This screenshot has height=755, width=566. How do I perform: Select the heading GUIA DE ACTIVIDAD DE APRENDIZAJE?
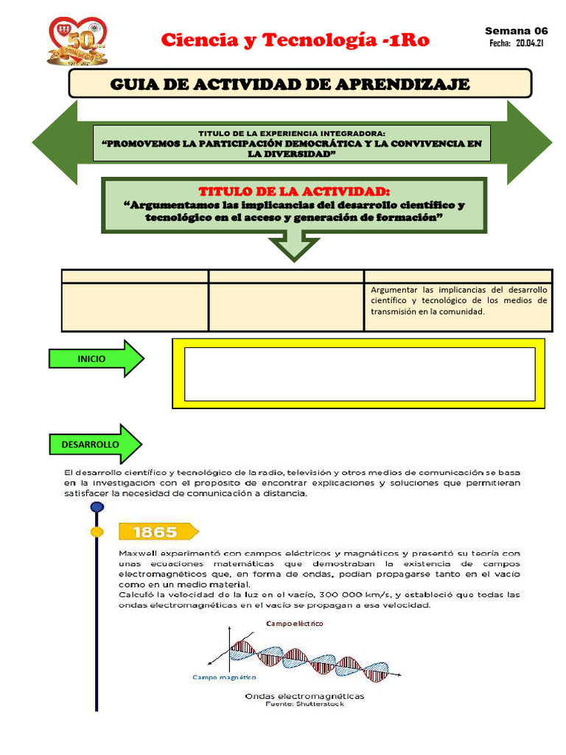click(290, 84)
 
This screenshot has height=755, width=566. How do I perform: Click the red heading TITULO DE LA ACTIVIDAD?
click(294, 192)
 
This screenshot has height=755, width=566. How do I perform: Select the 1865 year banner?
click(156, 532)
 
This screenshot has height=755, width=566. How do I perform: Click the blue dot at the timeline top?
click(97, 507)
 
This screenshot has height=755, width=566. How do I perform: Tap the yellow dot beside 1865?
click(97, 532)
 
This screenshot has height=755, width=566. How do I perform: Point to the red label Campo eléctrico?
click(294, 623)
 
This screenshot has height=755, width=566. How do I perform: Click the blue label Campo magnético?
click(225, 676)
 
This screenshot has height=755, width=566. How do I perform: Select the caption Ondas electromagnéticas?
click(304, 695)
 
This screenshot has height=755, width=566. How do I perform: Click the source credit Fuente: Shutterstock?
click(304, 703)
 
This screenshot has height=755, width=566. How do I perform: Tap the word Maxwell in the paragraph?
click(137, 552)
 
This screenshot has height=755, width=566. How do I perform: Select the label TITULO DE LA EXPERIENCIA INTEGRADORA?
click(293, 133)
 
